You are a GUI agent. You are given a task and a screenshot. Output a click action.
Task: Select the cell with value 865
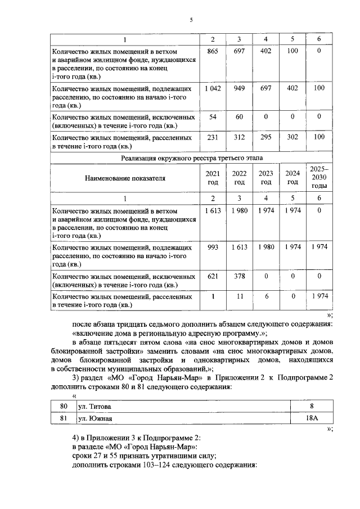[x=213, y=51]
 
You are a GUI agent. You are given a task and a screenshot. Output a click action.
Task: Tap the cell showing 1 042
[x=213, y=89]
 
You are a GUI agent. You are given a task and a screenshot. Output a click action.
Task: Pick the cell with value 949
[x=239, y=89]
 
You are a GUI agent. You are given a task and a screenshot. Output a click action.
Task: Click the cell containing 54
[x=213, y=116]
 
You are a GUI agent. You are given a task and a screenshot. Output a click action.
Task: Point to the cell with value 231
[x=213, y=137]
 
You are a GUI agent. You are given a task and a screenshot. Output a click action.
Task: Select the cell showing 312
[x=239, y=137]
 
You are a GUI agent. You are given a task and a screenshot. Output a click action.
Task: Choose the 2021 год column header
[x=213, y=178]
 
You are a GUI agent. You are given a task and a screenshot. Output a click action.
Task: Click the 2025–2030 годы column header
[x=318, y=177]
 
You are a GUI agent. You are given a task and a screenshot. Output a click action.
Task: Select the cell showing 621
[x=213, y=276]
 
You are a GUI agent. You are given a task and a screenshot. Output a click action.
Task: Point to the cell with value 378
[x=239, y=276]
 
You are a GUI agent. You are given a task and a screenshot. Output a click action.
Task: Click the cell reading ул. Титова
[x=95, y=406]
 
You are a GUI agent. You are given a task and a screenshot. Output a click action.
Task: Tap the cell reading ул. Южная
[x=95, y=418]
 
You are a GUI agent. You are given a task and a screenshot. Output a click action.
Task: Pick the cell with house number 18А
[x=311, y=418]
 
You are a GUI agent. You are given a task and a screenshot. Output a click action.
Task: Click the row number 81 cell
[x=64, y=418]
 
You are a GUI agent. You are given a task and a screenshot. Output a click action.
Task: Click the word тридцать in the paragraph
[x=136, y=325]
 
